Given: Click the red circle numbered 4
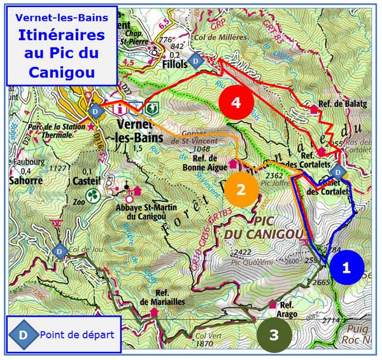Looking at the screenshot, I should pos(236,103).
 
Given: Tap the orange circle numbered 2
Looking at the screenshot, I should pos(241,189).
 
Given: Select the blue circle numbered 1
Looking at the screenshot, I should pos(346,268).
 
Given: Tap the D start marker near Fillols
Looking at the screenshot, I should pos(197,61).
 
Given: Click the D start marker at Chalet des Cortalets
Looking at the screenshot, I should pos(339,172).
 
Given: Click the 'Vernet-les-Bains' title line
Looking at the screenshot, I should pos(62,18).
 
